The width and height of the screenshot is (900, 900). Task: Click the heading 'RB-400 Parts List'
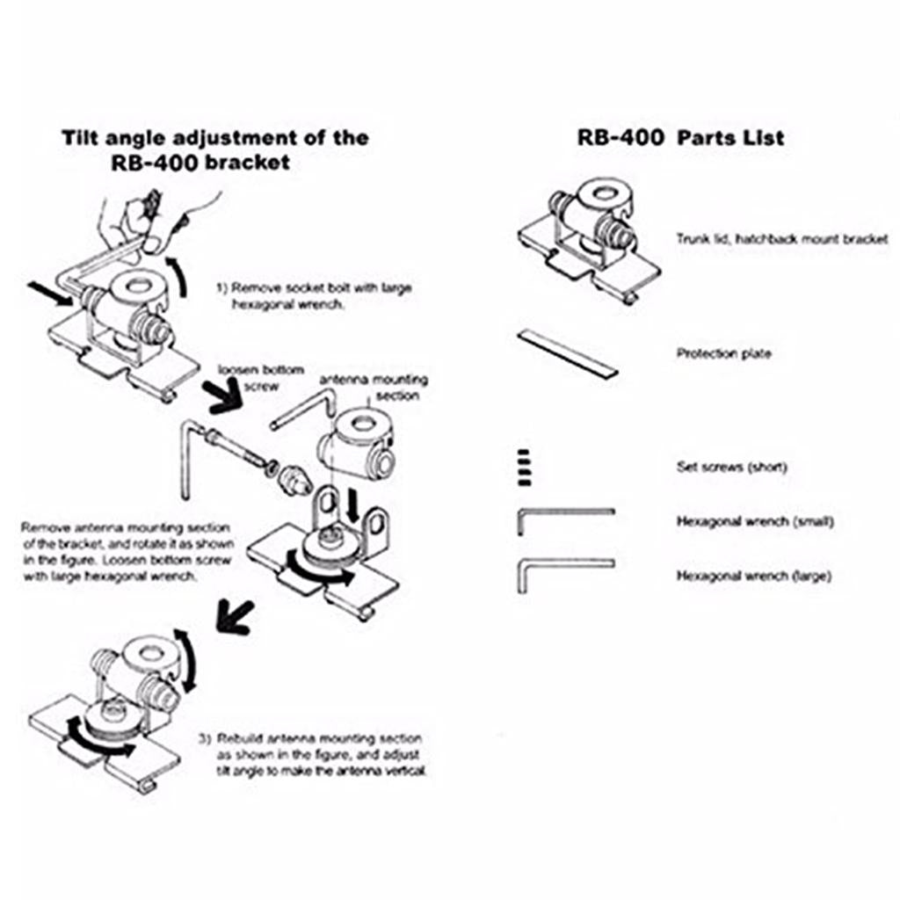point(680,138)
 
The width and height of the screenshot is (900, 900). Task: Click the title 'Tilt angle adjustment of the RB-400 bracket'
point(215,149)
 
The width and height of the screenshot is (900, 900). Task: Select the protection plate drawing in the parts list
point(568,352)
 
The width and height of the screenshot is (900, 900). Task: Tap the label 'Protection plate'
point(723,354)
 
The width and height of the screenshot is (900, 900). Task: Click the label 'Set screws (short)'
point(731,467)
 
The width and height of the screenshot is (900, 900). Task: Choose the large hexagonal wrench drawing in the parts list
point(563,570)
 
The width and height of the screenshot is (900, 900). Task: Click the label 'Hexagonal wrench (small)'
point(754,521)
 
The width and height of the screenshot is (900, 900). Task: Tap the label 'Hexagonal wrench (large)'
point(753,577)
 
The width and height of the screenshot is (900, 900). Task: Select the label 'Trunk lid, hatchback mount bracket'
point(782,238)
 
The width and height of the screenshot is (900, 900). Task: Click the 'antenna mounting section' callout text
point(373,387)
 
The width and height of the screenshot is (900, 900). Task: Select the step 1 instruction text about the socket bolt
point(313,295)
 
